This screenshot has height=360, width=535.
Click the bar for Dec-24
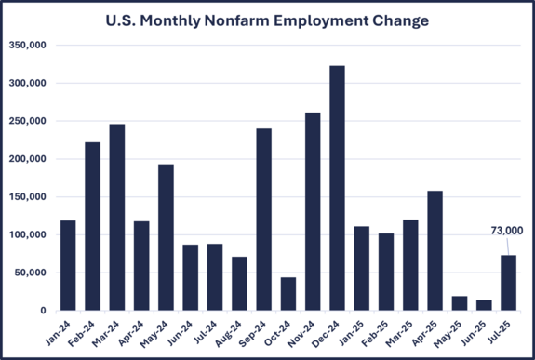(x=337, y=189)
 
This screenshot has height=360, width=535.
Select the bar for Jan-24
(x=68, y=266)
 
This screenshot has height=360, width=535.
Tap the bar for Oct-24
(x=288, y=294)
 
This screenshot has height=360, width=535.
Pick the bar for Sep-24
(x=264, y=220)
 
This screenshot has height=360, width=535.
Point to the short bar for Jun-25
(x=483, y=305)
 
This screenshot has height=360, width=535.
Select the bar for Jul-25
(x=508, y=283)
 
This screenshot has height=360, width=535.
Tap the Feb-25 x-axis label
(x=381, y=330)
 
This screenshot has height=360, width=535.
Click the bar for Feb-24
(x=93, y=227)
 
